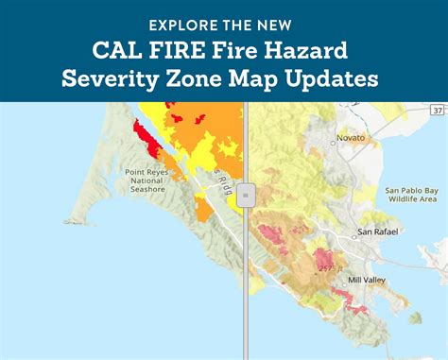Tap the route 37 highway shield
(x=435, y=111)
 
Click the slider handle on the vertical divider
(x=245, y=197)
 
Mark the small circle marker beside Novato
(x=334, y=145)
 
